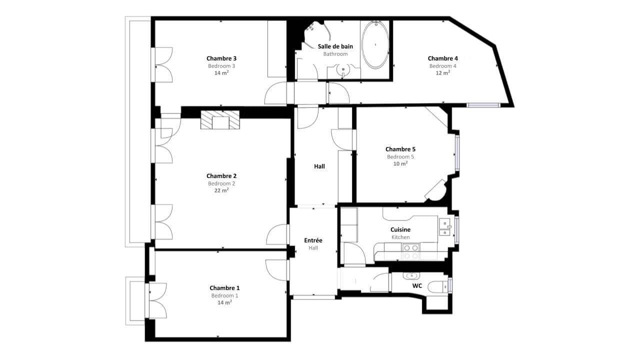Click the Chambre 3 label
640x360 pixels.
pos(221,58)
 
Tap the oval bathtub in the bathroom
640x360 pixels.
pos(375,44)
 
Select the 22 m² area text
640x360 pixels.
pos(221,190)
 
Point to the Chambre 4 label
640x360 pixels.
pos(442,58)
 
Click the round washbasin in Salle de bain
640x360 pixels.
pos(343,69)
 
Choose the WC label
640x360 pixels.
pos(417,285)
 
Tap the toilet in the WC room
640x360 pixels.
pos(438,287)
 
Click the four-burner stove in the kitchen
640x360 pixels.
pos(411,251)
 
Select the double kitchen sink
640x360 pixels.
pos(444,227)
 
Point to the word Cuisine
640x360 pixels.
pos(400,229)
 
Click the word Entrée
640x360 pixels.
pos(313,240)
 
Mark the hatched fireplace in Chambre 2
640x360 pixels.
pos(220,119)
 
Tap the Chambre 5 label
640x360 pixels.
pos(400,149)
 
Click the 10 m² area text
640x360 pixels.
pos(400,163)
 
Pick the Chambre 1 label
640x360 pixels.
pos(224,288)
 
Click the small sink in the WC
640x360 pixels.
pos(411,276)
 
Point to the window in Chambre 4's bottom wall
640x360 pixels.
pos(483,105)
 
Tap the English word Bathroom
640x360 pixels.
pos(335,54)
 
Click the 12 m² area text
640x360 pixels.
pos(442,73)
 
